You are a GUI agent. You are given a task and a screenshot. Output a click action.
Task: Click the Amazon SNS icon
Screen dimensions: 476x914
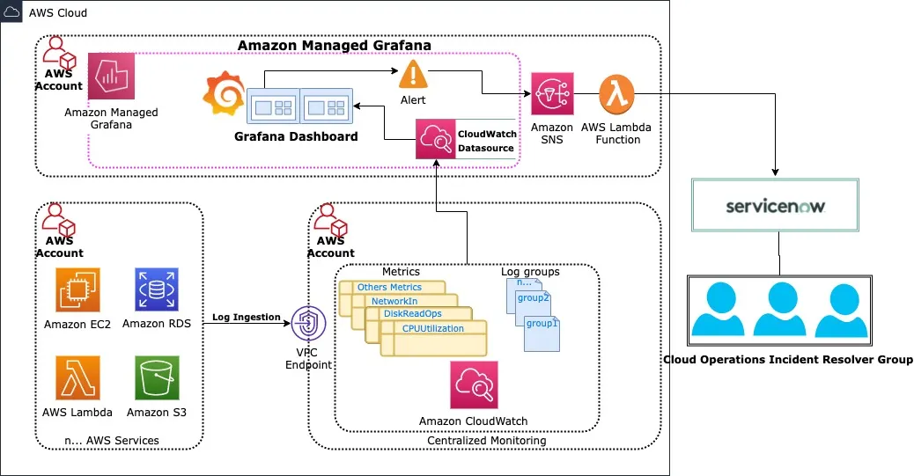coord(552,94)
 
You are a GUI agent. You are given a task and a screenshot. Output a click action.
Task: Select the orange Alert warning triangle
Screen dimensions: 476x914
coord(413,75)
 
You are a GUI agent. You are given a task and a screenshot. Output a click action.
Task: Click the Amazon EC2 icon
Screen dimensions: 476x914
coord(77,290)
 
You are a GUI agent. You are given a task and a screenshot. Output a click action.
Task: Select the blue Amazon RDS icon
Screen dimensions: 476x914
coord(156,290)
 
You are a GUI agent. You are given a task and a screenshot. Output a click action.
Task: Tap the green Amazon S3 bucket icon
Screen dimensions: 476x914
coord(157,377)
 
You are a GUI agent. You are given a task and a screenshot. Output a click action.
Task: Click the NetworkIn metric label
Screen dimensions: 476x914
coord(394,301)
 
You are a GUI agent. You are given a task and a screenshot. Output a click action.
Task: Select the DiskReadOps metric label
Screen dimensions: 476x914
coord(412,314)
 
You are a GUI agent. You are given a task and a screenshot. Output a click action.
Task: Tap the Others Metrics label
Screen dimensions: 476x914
coord(389,287)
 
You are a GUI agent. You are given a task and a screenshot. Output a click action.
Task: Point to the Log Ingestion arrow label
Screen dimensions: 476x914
coord(246,317)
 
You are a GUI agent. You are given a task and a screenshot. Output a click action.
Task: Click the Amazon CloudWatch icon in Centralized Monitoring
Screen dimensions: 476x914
coord(473,384)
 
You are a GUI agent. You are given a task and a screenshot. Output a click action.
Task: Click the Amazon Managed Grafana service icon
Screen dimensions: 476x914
coord(111,77)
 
